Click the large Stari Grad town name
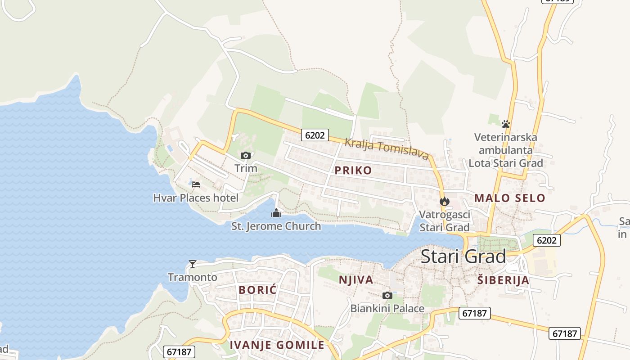coord(463,256)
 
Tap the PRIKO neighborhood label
coord(353,170)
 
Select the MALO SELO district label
coord(509,198)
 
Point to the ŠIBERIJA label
coord(503,280)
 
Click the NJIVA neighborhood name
coord(356,280)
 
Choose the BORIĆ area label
coord(257,290)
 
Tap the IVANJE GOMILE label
coord(277,345)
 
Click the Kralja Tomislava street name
coord(386,149)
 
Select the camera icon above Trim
coord(246,156)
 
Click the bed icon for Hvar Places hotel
coord(196,184)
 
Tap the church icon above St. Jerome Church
coord(276,213)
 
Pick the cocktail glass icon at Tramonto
coord(193,264)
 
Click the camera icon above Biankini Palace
coord(387,296)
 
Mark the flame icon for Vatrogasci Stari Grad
coord(445,201)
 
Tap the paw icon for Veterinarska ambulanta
coord(506,124)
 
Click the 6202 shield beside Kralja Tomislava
coord(315,135)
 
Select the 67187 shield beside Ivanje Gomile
coord(179,351)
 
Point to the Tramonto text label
coord(193,277)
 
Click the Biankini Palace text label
coord(387,309)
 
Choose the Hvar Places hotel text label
coord(196,198)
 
